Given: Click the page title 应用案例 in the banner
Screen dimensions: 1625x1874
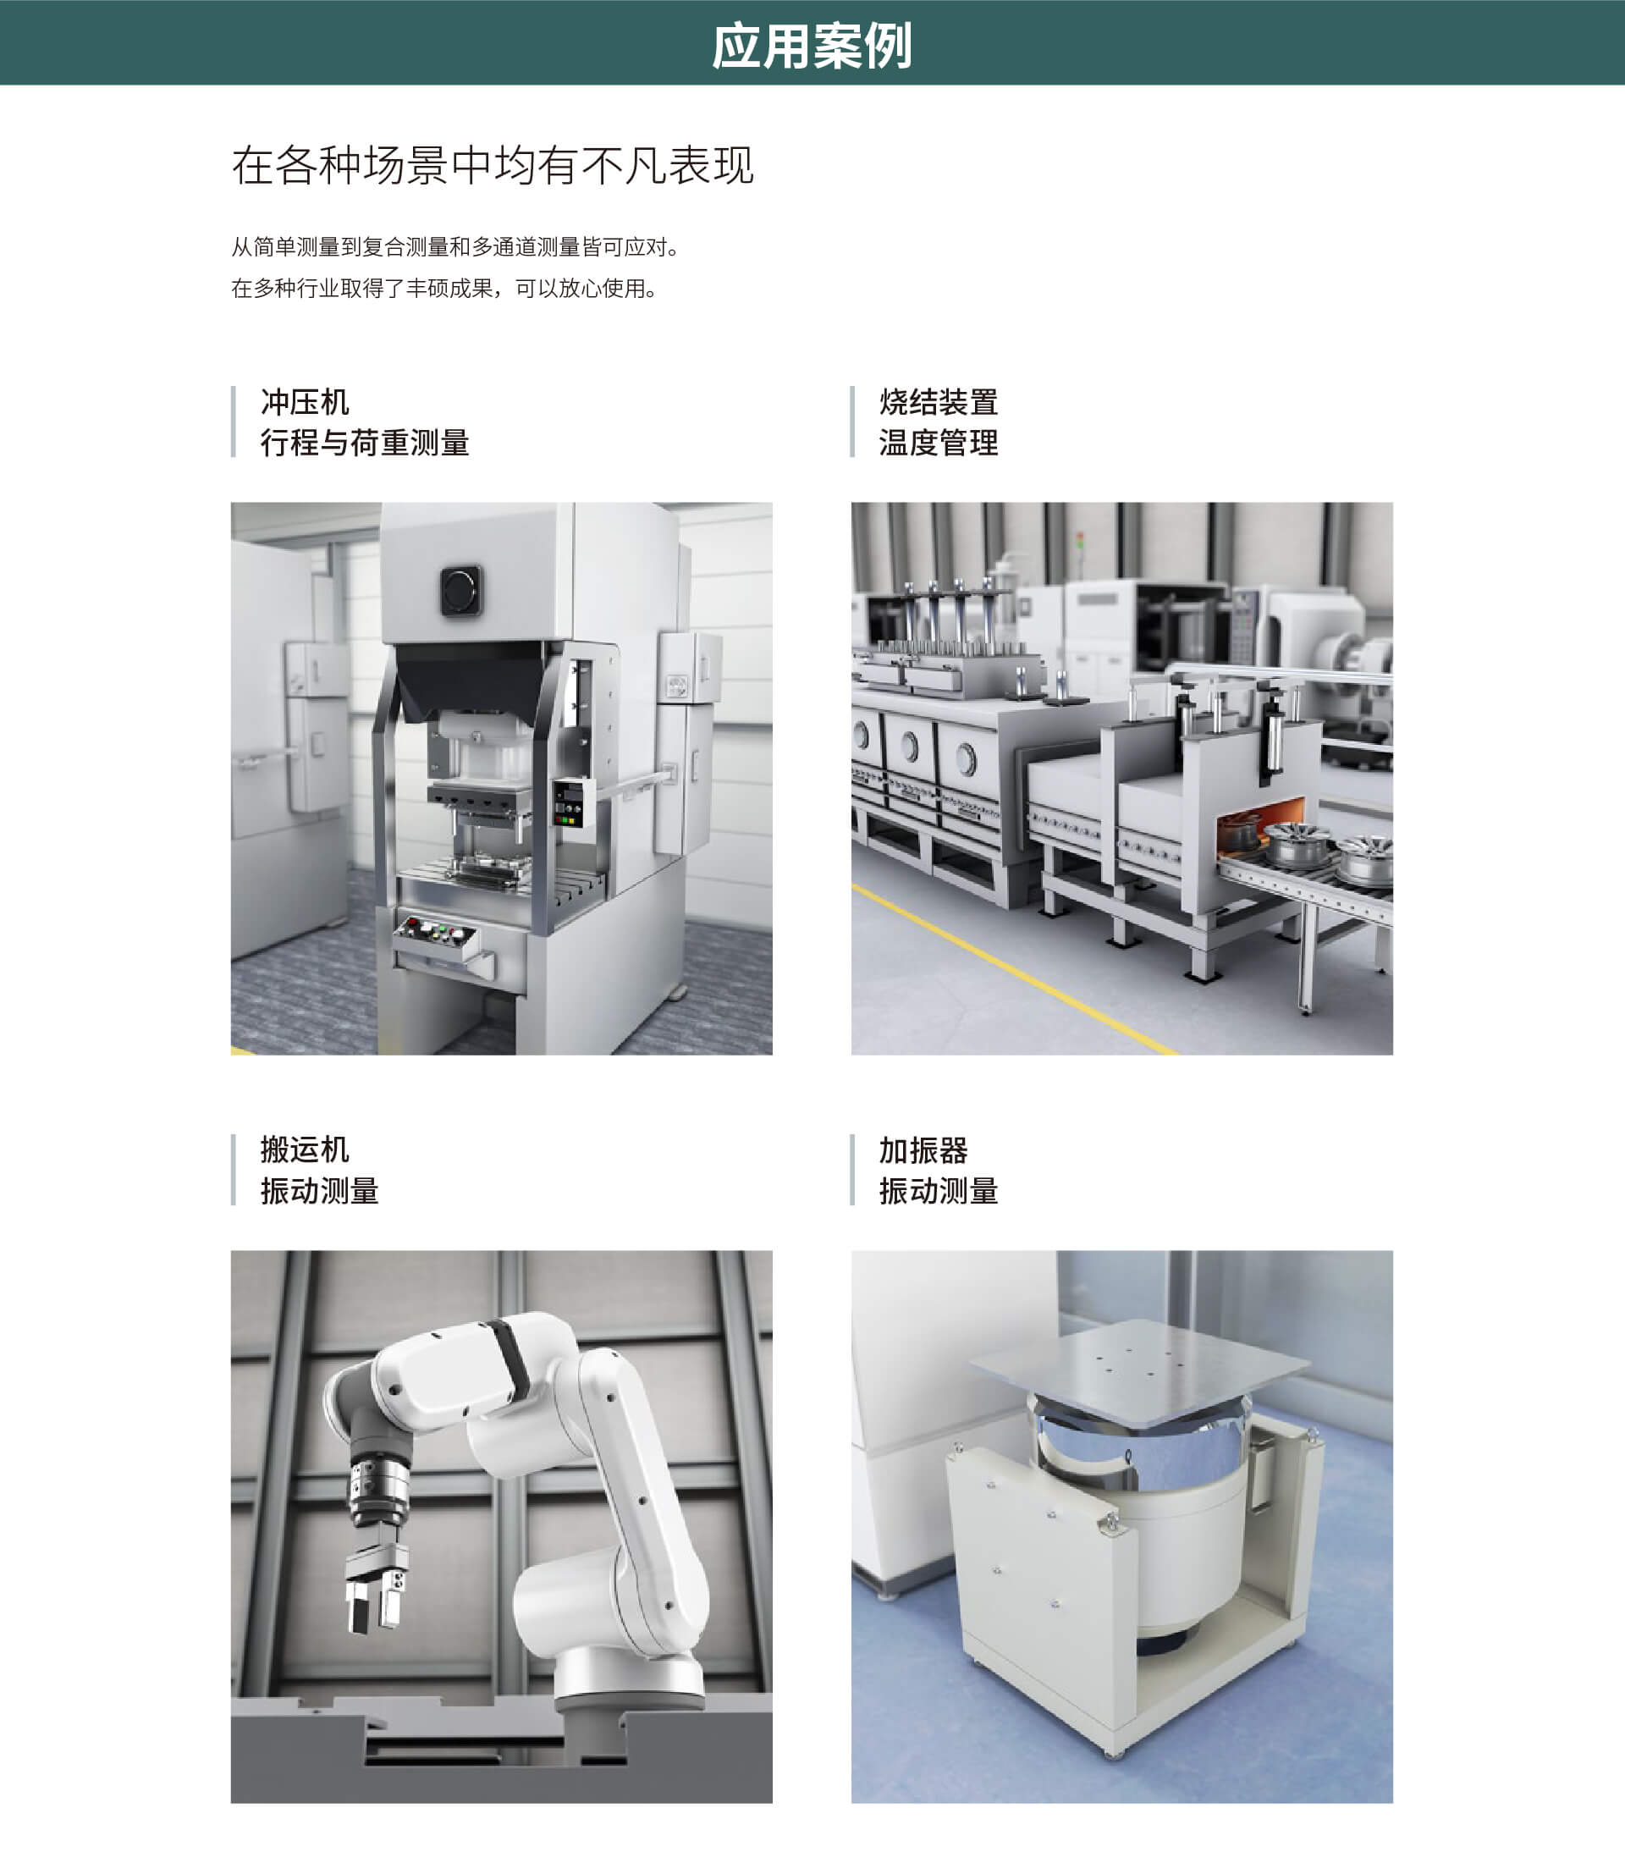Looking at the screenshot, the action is click(812, 46).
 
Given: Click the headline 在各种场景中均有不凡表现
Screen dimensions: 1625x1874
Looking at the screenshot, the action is click(493, 165).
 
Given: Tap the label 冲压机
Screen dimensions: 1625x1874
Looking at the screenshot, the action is click(305, 402).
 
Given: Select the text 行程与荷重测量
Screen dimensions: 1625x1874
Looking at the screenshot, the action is click(365, 443).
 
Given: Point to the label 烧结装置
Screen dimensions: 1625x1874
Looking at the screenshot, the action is click(939, 402).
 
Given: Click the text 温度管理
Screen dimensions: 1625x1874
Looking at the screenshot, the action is click(939, 443).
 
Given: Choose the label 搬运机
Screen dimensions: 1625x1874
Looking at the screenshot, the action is click(305, 1149).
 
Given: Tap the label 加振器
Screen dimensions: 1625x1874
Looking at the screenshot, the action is click(923, 1149).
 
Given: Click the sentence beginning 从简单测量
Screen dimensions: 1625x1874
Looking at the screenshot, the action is click(456, 246).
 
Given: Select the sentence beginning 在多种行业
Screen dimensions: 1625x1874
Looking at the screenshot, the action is click(444, 289).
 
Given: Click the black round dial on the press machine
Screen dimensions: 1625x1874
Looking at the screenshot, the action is click(461, 591).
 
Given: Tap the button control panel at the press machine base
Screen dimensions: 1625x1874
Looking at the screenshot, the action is click(435, 935).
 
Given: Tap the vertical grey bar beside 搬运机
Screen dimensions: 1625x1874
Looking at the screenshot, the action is click(234, 1169).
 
